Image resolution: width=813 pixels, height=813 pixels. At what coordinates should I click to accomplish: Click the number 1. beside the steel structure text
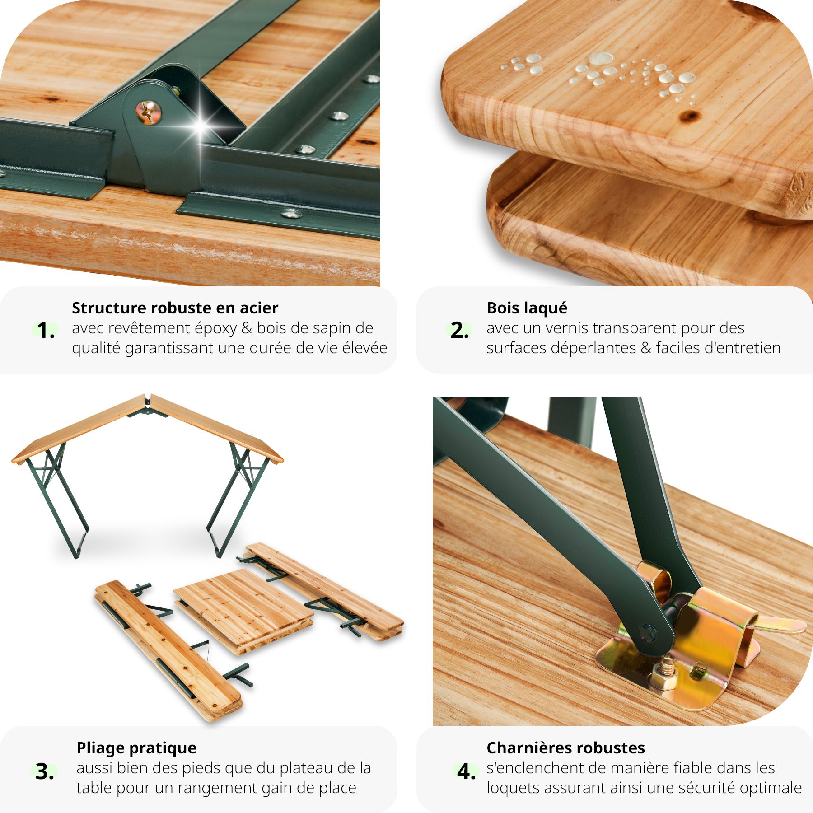click(46, 330)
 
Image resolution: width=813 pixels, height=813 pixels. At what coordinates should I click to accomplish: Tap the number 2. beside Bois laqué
click(459, 330)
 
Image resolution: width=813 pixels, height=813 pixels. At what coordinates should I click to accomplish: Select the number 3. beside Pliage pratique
click(45, 771)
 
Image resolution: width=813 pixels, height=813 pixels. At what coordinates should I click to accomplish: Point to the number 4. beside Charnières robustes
click(466, 771)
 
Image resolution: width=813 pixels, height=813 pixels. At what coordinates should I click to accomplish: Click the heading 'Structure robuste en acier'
click(175, 308)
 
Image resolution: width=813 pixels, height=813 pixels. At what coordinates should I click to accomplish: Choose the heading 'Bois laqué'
click(527, 308)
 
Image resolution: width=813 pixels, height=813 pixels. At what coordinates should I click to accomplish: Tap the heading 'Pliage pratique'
click(136, 748)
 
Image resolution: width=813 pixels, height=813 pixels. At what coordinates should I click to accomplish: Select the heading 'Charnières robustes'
click(565, 748)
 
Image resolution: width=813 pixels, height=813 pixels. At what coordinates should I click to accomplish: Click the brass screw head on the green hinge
click(148, 112)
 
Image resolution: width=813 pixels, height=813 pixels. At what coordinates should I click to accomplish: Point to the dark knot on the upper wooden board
click(690, 116)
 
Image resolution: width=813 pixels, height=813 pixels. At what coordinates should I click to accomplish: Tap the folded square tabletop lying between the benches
click(243, 610)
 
